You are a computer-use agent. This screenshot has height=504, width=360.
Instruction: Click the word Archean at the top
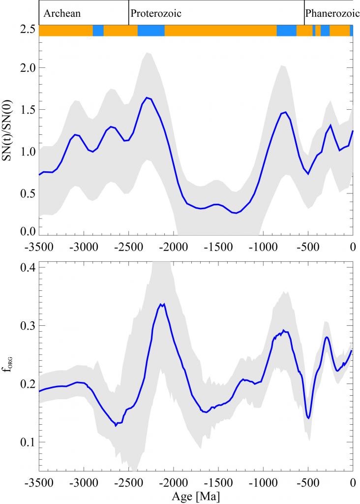click(61, 14)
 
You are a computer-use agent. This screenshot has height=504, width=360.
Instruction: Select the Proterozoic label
click(156, 14)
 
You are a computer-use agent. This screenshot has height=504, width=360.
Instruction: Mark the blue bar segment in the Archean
click(98, 31)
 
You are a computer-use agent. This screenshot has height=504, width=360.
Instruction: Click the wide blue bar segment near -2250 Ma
click(151, 31)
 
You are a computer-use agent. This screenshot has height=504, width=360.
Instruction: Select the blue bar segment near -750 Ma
click(286, 31)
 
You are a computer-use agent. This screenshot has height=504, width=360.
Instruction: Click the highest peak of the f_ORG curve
click(163, 304)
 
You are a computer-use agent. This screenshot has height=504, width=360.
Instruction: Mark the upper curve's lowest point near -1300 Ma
click(237, 213)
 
